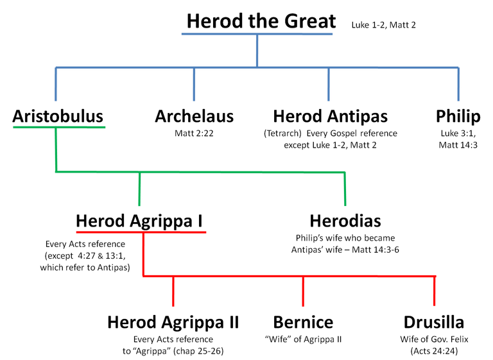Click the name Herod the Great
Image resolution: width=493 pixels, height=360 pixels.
(261, 21)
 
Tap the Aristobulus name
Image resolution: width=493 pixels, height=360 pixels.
(58, 116)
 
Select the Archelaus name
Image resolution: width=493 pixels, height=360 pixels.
(195, 116)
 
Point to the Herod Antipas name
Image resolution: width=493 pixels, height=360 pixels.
(331, 117)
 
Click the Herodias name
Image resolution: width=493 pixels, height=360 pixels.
(345, 221)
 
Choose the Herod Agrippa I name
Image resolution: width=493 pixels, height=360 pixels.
(139, 221)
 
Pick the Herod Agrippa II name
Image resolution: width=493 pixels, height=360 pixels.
(173, 323)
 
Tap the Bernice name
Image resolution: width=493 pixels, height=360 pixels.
(303, 322)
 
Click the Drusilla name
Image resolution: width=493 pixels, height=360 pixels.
(434, 322)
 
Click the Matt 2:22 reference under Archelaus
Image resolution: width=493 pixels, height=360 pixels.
(194, 133)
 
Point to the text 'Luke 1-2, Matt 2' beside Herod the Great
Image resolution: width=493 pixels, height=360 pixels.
(384, 25)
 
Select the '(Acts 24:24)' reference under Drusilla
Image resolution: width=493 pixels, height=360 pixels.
(434, 351)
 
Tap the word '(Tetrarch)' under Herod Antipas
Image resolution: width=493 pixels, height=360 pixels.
(282, 133)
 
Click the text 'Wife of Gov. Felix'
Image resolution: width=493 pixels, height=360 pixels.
(434, 339)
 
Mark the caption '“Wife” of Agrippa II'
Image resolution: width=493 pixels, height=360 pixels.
(303, 339)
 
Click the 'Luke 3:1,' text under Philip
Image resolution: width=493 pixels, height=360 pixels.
(458, 133)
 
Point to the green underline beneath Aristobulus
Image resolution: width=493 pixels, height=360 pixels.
(59, 127)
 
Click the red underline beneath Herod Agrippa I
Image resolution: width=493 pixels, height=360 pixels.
(141, 232)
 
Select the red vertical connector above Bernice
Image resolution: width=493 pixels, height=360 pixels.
(303, 291)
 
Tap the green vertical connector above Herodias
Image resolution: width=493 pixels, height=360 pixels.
(345, 189)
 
